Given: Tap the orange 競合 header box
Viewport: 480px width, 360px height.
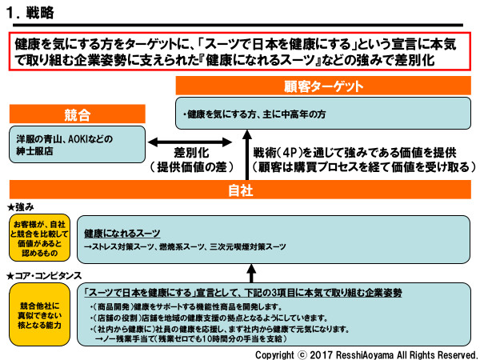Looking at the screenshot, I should pyautogui.click(x=77, y=114).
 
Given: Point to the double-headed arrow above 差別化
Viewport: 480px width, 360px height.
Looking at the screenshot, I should pyautogui.click(x=191, y=138).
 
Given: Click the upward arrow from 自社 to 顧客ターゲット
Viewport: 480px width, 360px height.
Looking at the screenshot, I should pyautogui.click(x=246, y=156).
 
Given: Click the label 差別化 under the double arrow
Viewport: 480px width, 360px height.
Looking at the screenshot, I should pyautogui.click(x=191, y=153).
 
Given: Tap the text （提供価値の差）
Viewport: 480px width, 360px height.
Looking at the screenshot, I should pyautogui.click(x=192, y=167).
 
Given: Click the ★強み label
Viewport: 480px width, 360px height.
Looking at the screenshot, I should pyautogui.click(x=22, y=207).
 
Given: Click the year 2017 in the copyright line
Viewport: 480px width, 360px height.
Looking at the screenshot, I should pyautogui.click(x=315, y=354).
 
